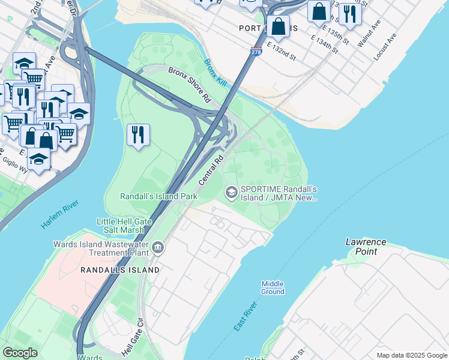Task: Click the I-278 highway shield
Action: pyautogui.click(x=256, y=53)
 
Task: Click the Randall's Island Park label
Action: pyautogui.click(x=158, y=196)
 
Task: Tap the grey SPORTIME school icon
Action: pyautogui.click(x=231, y=192)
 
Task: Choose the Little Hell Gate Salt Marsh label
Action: pyautogui.click(x=121, y=226)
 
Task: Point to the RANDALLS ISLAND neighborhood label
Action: pyautogui.click(x=120, y=270)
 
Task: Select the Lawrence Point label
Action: pyautogui.click(x=366, y=247)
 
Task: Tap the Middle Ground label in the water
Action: pyautogui.click(x=273, y=287)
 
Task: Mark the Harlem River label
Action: pyautogui.click(x=60, y=215)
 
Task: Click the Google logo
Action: pyautogui.click(x=20, y=353)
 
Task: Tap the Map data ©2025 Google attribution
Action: pyautogui.click(x=411, y=355)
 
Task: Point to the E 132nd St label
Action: pyautogui.click(x=282, y=51)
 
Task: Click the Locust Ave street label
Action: pyautogui.click(x=385, y=47)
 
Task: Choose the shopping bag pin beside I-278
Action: pyautogui.click(x=278, y=26)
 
